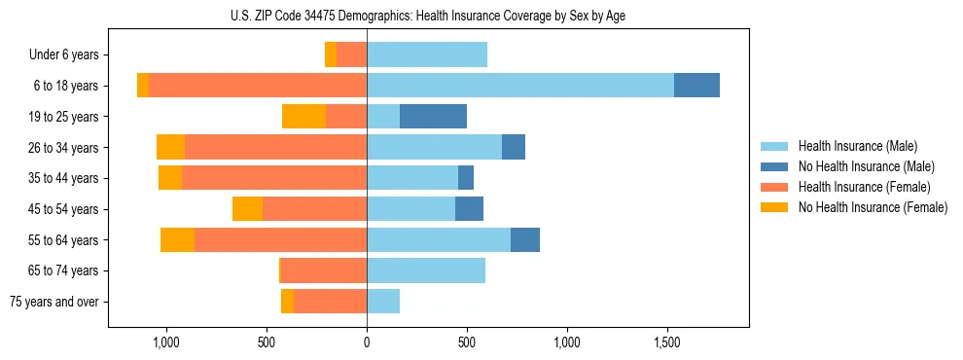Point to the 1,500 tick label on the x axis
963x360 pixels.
point(667,342)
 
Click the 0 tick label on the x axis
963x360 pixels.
point(367,342)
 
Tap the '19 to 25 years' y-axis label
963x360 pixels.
point(63,117)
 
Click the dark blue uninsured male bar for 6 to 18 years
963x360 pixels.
point(696,86)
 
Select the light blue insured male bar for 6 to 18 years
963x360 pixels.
point(520,86)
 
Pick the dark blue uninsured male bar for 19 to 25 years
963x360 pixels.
point(433,117)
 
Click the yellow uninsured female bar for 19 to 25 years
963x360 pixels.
point(303,117)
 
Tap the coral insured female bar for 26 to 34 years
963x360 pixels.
point(275,148)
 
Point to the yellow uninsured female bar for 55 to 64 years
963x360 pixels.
point(177,240)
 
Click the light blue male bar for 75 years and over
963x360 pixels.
point(383,302)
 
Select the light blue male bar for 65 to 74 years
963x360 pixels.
point(426,270)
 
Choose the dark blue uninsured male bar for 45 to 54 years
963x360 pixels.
point(469,209)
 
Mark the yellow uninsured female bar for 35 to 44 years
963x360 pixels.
point(170,178)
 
